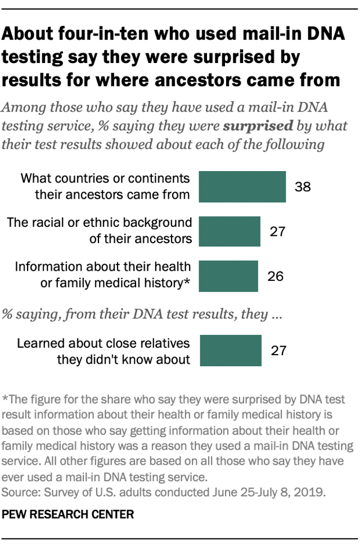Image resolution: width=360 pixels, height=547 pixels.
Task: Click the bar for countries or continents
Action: click(242, 187)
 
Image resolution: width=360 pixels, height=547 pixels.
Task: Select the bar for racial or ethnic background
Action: click(229, 231)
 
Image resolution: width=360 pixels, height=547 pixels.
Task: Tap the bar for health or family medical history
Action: click(228, 276)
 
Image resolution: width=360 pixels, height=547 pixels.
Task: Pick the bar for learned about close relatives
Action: click(230, 351)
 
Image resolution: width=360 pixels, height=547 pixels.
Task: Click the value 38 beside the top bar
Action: click(303, 187)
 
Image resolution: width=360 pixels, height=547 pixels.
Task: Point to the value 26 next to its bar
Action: click(276, 276)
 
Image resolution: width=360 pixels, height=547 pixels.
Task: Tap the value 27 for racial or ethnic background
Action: click(278, 231)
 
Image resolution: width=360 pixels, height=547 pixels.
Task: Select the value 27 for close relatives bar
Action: click(278, 351)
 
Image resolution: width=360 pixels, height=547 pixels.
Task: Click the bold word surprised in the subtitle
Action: click(258, 125)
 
